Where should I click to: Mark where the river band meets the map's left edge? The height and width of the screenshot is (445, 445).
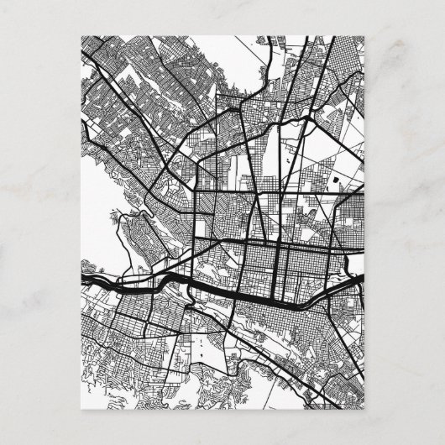[82, 275]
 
